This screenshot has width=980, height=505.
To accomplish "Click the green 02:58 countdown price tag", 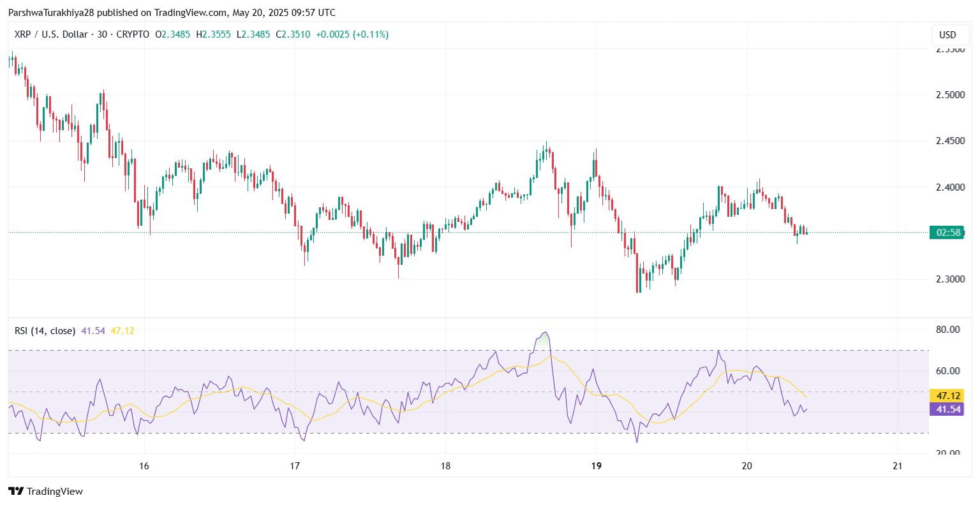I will pyautogui.click(x=947, y=233).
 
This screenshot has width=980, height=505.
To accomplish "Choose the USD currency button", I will pyautogui.click(x=947, y=35).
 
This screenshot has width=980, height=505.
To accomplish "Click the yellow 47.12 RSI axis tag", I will pyautogui.click(x=947, y=396).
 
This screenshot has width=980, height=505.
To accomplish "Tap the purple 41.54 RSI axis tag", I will pyautogui.click(x=947, y=409).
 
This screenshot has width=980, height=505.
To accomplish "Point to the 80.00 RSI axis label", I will pyautogui.click(x=947, y=330).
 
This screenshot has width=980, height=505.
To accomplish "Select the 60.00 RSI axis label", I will pyautogui.click(x=947, y=371).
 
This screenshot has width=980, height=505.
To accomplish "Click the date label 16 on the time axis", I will pyautogui.click(x=144, y=466).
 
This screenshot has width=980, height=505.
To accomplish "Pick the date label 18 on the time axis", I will pyautogui.click(x=445, y=466).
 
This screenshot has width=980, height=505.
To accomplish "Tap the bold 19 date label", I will pyautogui.click(x=596, y=466).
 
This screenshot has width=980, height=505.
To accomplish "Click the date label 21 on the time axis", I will pyautogui.click(x=897, y=466).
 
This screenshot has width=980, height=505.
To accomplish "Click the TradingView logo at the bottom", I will pyautogui.click(x=45, y=491).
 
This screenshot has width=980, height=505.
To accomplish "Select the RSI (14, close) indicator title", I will pyautogui.click(x=45, y=331).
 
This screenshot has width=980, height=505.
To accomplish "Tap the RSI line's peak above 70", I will pyautogui.click(x=544, y=333).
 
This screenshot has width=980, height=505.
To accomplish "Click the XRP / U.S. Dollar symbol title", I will pyautogui.click(x=50, y=34).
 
